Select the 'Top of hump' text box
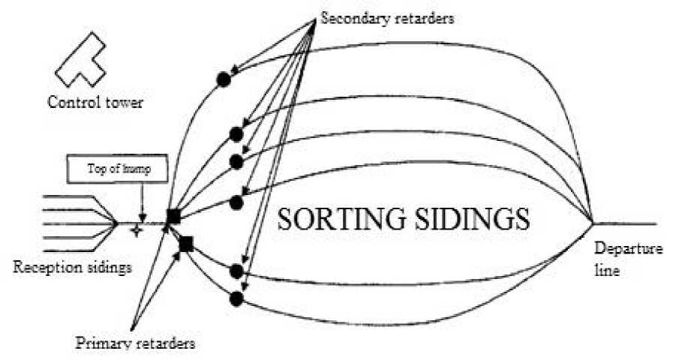point(119,170)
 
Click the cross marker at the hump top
point(137,230)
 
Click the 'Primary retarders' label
point(135,343)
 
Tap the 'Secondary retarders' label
point(386,19)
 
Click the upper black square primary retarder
point(174,217)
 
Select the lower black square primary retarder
point(186,244)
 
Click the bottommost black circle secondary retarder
point(236,298)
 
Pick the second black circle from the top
point(236,135)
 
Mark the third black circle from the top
point(236,161)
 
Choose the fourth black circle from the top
point(236,202)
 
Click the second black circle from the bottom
point(236,271)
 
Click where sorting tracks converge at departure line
point(593,222)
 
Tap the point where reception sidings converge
point(117,223)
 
